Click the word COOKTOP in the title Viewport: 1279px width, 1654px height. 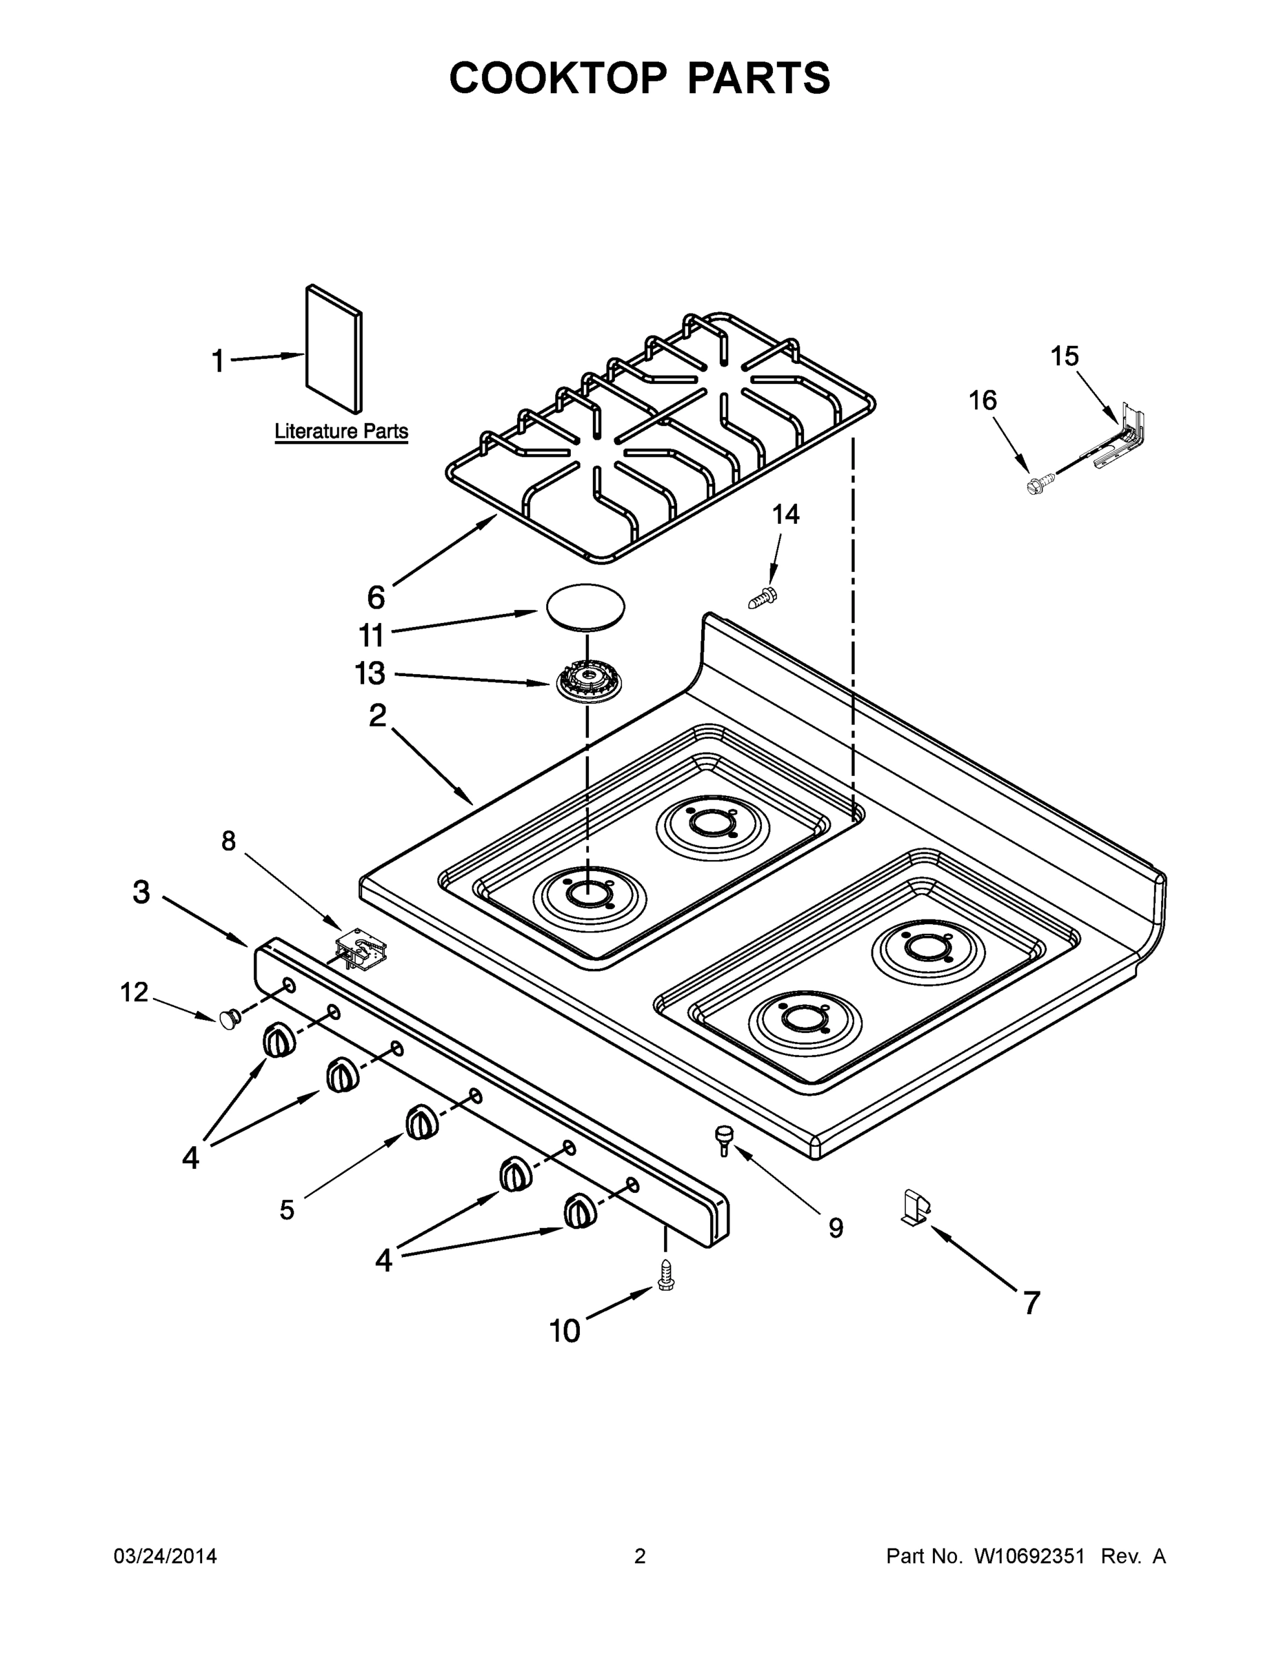pos(558,78)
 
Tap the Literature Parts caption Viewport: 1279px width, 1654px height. pos(341,431)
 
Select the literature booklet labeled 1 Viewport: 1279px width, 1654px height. pos(334,349)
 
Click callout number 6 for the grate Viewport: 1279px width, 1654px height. pos(376,598)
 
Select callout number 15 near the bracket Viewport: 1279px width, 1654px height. pos(1064,356)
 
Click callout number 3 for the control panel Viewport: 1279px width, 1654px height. pos(142,892)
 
